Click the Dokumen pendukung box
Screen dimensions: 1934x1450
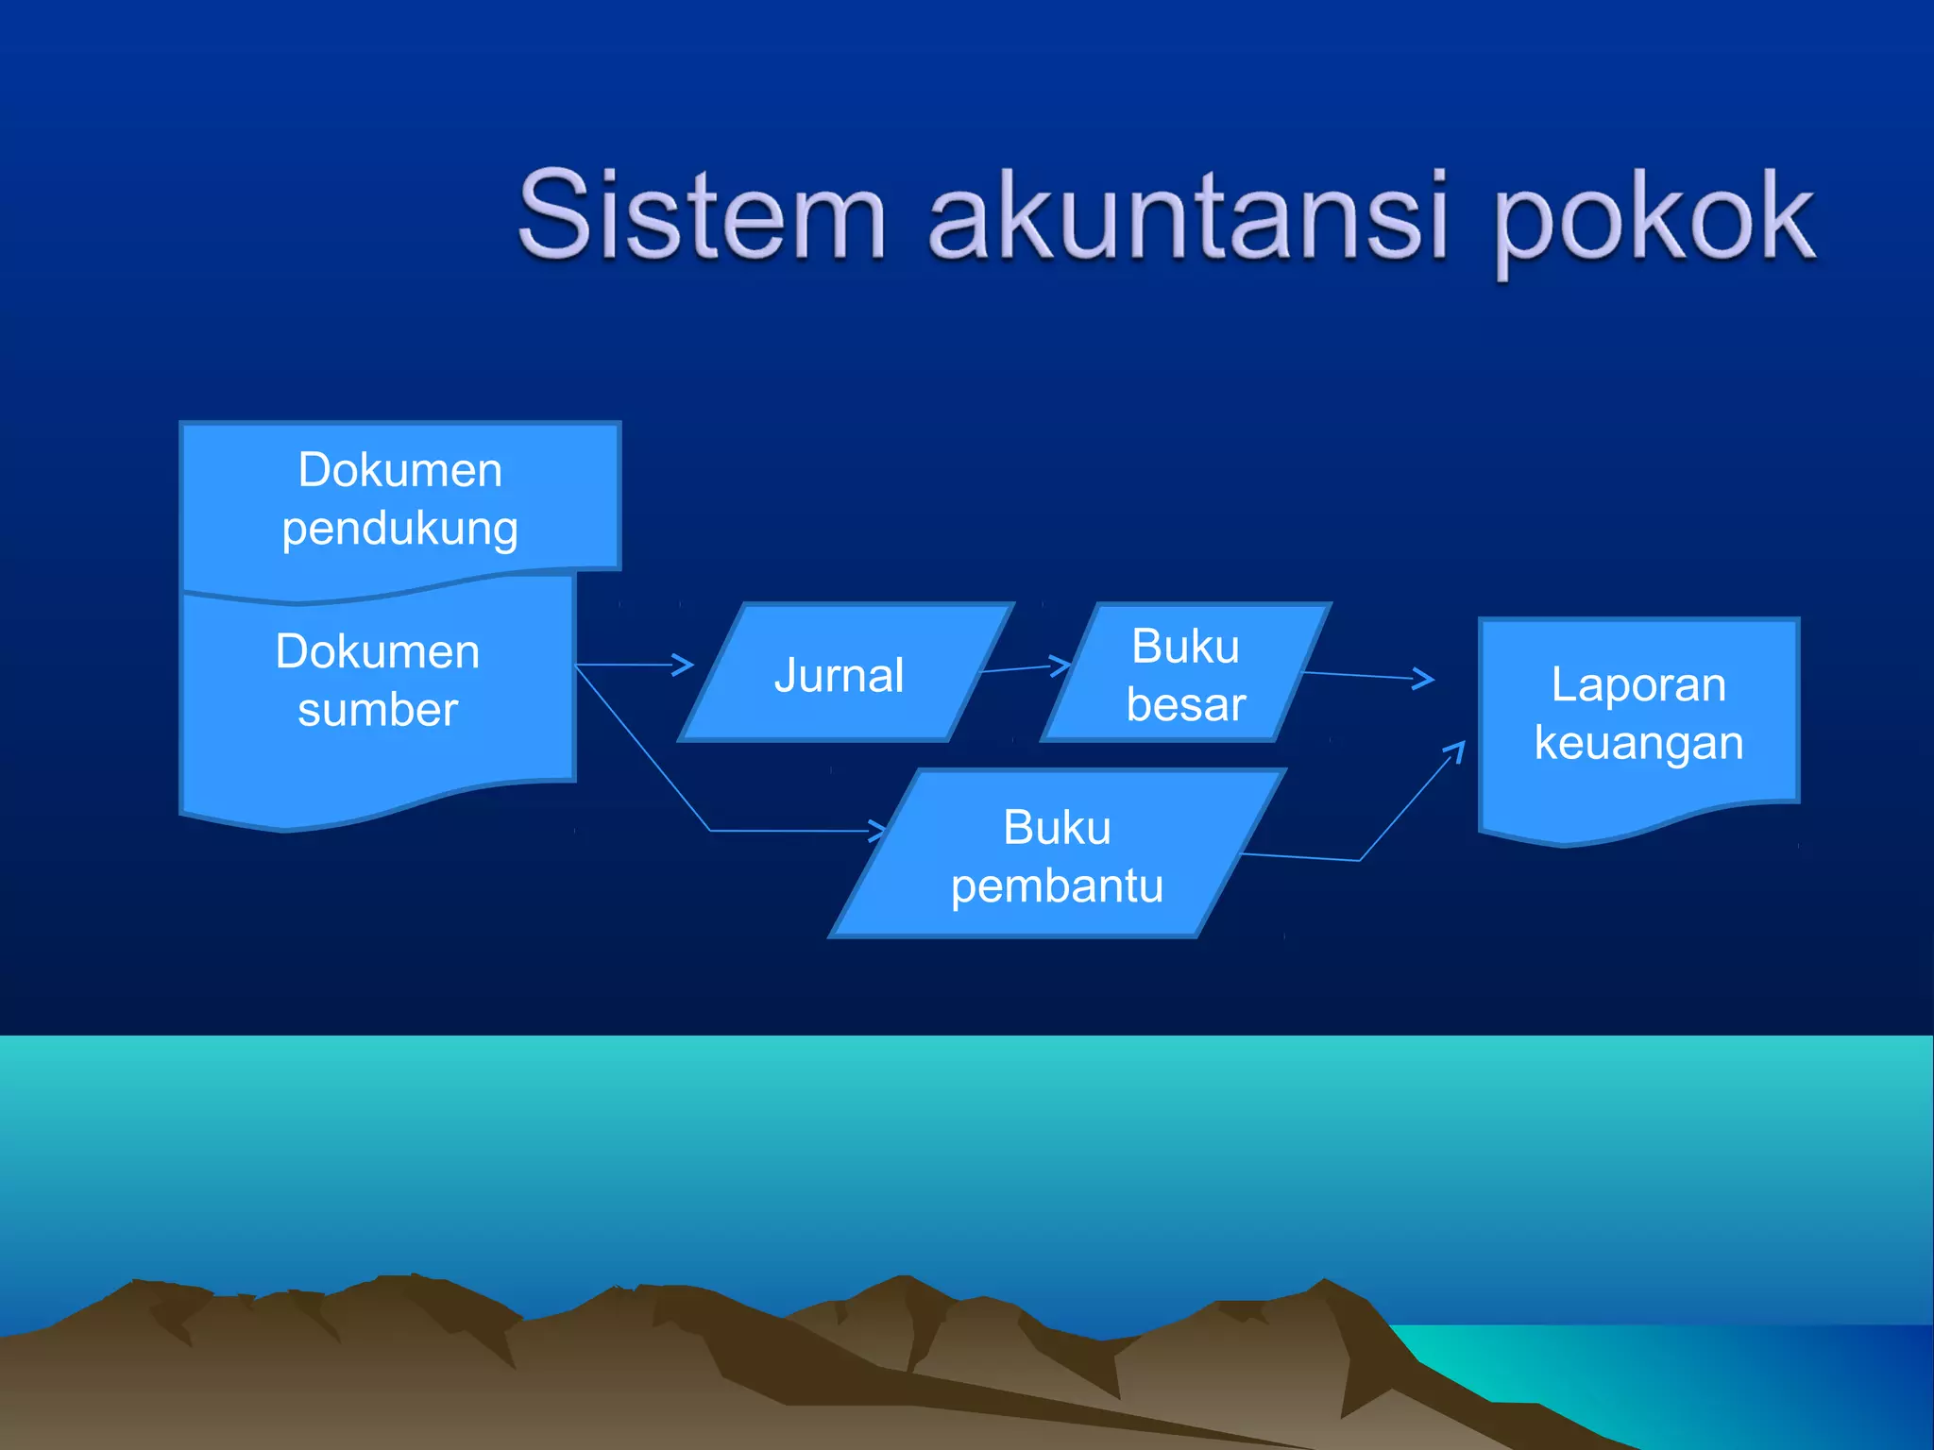coord(399,498)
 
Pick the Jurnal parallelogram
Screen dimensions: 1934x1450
coord(840,674)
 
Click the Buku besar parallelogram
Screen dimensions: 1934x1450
coord(1185,674)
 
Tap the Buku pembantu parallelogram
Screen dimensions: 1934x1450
coord(1057,855)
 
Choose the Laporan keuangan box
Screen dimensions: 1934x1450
coord(1638,717)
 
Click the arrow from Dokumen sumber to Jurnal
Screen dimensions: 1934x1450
coord(633,665)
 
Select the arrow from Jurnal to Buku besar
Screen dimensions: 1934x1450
coord(1025,667)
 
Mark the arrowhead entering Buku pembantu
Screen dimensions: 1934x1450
coord(877,831)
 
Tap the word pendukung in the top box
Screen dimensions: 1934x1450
coord(399,529)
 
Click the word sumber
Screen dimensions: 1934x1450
coord(378,710)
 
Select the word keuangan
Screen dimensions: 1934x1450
coord(1638,743)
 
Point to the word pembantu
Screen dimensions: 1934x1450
coord(1057,885)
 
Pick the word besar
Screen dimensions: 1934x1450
coord(1186,705)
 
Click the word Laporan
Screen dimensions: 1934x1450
coord(1638,684)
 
